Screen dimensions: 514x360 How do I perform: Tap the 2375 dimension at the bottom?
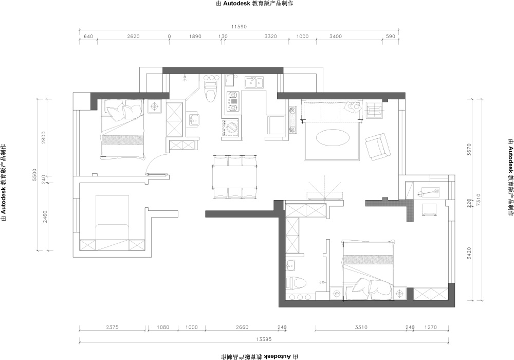112,327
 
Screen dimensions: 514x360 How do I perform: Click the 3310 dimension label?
361,327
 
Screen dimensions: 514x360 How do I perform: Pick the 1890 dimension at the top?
195,37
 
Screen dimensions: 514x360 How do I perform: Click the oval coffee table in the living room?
332,138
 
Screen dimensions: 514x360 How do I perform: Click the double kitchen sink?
254,83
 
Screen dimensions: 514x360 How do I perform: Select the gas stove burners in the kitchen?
233,102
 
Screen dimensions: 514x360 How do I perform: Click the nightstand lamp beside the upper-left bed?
155,106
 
